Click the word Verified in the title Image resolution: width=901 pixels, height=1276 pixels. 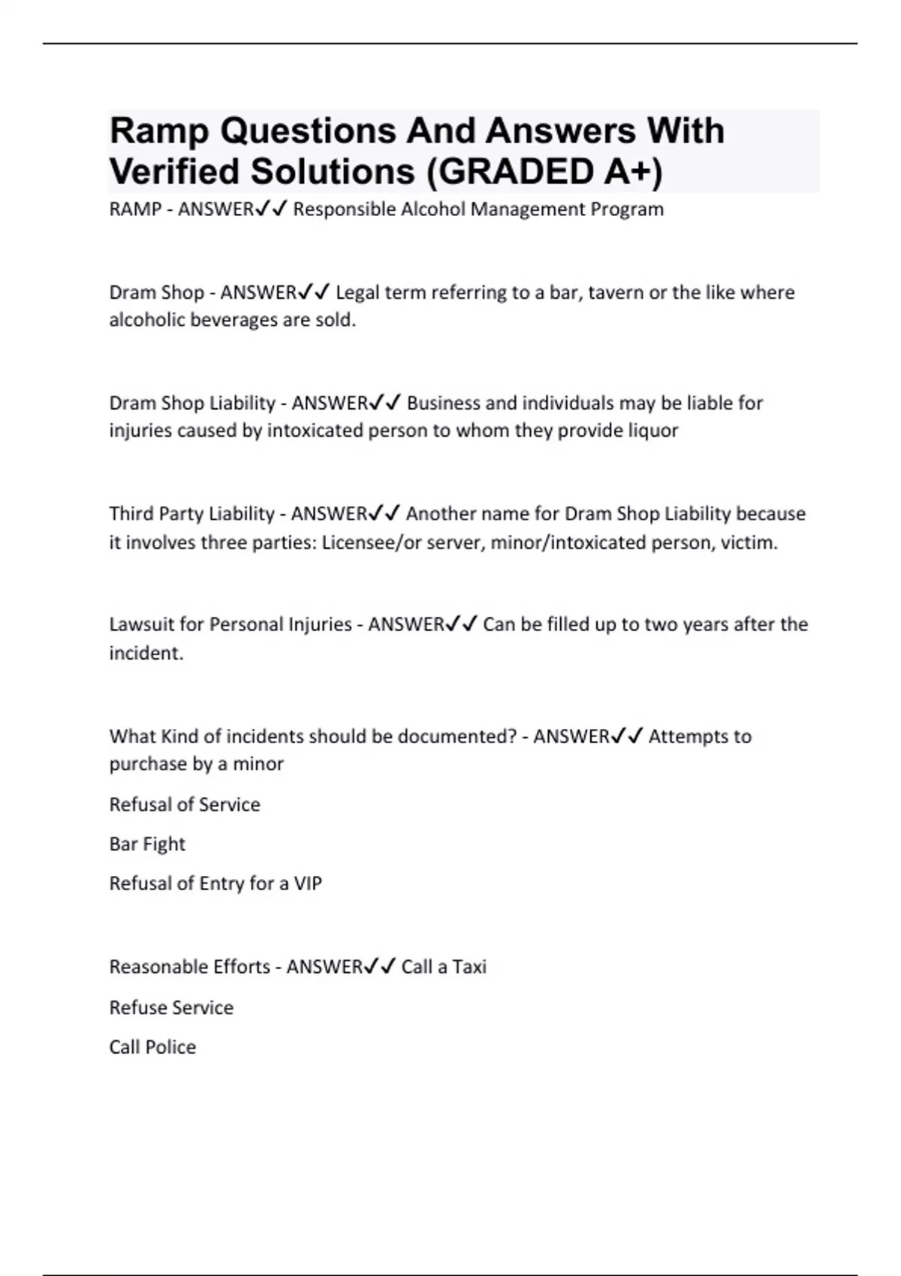174,172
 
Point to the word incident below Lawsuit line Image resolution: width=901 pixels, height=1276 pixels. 146,653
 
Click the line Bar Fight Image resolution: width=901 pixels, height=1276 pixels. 147,844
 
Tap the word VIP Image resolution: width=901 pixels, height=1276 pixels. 308,883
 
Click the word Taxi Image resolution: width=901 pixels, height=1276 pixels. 469,967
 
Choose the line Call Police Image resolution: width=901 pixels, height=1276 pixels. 152,1047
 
